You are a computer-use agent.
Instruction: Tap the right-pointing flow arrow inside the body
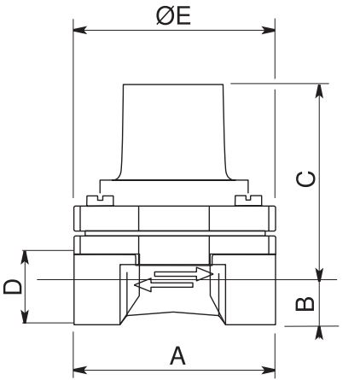tap(183, 274)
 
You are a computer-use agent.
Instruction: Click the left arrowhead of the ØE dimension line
tap(78, 32)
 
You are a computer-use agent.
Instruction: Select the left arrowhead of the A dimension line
tap(79, 370)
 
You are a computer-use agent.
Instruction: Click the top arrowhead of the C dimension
tap(322, 89)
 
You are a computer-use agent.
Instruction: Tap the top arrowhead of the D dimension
tap(27, 255)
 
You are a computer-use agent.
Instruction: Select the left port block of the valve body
tap(98, 295)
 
